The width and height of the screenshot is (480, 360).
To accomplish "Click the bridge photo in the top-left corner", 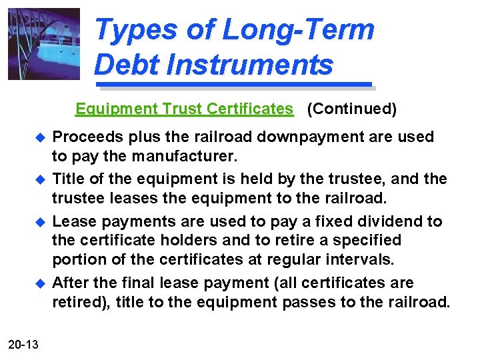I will [43, 44].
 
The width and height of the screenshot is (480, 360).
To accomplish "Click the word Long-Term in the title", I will [297, 31].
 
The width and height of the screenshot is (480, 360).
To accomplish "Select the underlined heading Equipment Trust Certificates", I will [184, 109].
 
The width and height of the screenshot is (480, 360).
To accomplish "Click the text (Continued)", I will [351, 109].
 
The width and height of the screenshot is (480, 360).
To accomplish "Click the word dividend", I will [391, 221].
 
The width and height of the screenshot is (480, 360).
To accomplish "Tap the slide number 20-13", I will [24, 344].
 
